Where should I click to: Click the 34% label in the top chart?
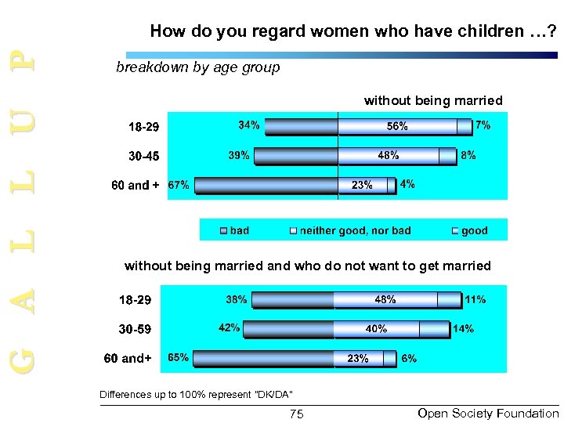point(250,125)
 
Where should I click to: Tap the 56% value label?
point(396,126)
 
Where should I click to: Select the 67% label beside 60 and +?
point(179,186)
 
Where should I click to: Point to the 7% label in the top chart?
point(483,125)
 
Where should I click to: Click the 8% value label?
point(468,156)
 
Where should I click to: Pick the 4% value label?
point(407,185)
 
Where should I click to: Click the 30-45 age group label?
point(143,156)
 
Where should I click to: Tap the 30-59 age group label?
point(135,329)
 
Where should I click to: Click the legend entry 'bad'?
point(239,230)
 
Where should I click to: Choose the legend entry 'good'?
point(474,230)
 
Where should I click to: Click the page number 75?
point(297,414)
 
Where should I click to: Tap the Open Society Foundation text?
point(488,413)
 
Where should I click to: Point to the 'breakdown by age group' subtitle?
point(197,67)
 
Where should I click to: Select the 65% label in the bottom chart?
point(179,358)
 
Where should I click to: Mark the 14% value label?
point(463,329)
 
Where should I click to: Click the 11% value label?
point(475,299)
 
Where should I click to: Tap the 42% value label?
point(229,328)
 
